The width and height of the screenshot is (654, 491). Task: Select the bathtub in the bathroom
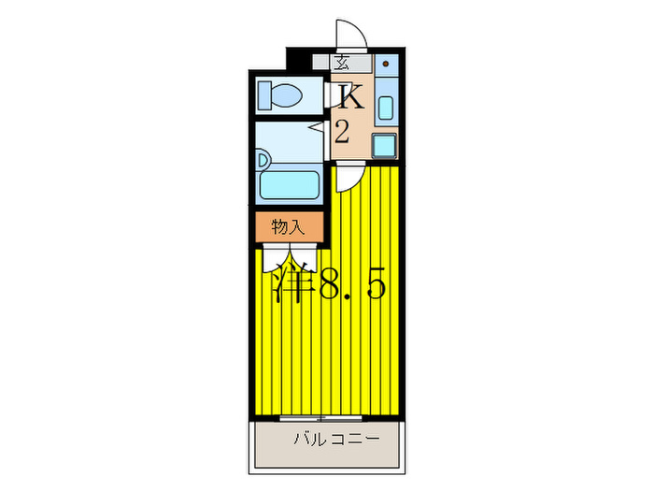pyautogui.click(x=290, y=183)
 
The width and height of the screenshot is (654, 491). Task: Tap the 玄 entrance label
pyautogui.click(x=342, y=64)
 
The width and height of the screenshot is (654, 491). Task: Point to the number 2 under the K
pyautogui.click(x=342, y=132)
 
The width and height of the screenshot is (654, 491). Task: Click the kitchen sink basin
pyautogui.click(x=386, y=108)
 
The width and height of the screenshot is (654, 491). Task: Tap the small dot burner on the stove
pyautogui.click(x=385, y=65)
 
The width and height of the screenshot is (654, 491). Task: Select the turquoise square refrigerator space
pyautogui.click(x=384, y=145)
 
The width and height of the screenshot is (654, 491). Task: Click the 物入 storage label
pyautogui.click(x=288, y=226)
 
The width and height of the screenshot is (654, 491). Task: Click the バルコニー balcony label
pyautogui.click(x=334, y=440)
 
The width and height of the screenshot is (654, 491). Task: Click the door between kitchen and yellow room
pyautogui.click(x=349, y=175)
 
